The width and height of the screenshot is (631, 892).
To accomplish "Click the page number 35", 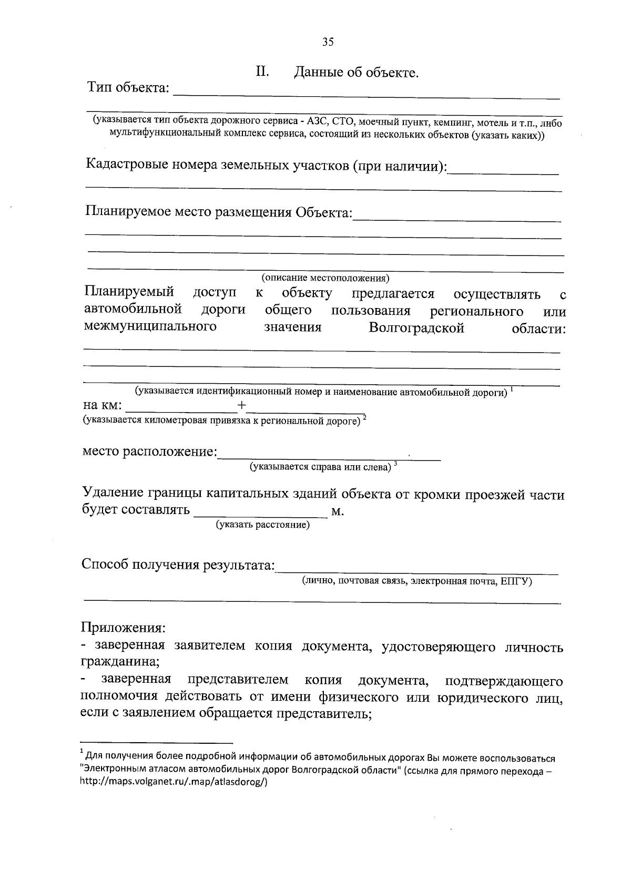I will tap(328, 43).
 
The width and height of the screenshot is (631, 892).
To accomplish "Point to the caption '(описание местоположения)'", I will tap(325, 278).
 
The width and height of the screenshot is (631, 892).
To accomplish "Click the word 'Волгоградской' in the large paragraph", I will tap(416, 329).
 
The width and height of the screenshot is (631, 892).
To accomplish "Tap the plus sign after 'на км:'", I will tap(241, 405).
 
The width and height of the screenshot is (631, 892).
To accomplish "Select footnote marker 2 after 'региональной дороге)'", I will tap(364, 418).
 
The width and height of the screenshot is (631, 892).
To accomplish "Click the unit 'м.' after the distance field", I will tap(338, 511).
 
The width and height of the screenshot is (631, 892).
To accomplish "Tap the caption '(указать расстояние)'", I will tap(263, 525).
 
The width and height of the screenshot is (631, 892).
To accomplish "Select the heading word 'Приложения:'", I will tap(123, 628).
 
